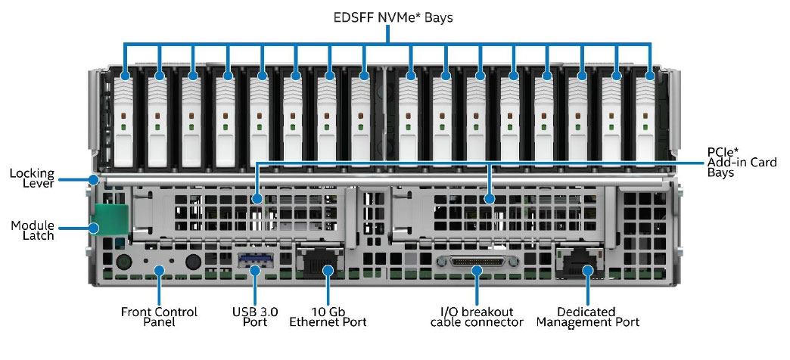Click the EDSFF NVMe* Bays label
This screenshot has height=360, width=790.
[393, 17]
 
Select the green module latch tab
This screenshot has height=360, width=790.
[109, 219]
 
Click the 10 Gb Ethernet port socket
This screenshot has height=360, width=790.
[320, 262]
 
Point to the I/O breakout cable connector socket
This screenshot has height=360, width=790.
[477, 262]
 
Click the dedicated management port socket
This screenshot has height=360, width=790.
[579, 262]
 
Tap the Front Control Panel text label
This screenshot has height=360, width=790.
[159, 317]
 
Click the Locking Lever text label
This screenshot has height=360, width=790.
[32, 178]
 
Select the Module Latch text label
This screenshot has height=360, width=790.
[33, 230]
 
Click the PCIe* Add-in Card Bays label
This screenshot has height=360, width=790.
[742, 162]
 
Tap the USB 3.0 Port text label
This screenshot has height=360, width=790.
[255, 317]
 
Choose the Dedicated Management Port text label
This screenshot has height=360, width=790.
[587, 317]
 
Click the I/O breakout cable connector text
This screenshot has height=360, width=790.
[477, 317]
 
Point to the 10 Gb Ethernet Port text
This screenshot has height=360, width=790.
[328, 317]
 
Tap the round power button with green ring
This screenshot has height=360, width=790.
[123, 262]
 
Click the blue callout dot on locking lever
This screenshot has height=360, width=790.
[93, 178]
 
